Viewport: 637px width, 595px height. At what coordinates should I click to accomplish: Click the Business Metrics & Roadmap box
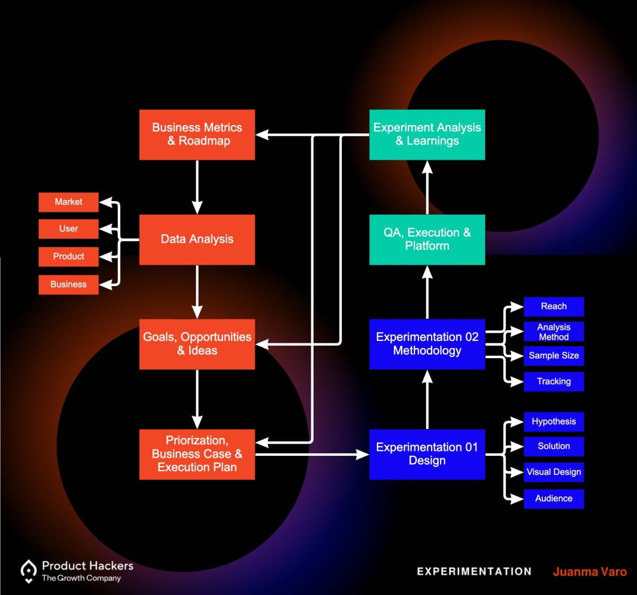[x=197, y=134]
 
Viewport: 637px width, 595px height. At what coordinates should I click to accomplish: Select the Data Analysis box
[x=197, y=239]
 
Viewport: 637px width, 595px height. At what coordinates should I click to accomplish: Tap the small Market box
[x=68, y=202]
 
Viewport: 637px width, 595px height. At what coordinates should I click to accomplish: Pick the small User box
[x=68, y=229]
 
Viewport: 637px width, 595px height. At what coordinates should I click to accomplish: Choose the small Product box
[x=68, y=256]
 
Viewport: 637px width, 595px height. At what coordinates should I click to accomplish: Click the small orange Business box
[x=68, y=284]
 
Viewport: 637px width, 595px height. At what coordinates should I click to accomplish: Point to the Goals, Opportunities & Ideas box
[x=197, y=344]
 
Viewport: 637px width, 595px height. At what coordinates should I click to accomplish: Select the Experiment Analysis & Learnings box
[x=427, y=134]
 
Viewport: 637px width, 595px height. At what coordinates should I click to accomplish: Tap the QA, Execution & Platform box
[x=427, y=239]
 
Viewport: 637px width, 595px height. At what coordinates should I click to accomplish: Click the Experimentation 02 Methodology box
[x=427, y=344]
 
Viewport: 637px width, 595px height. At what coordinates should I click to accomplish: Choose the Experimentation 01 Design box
[x=427, y=454]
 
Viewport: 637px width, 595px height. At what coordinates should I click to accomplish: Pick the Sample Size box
[x=554, y=356]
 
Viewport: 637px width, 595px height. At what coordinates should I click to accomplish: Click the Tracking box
[x=554, y=382]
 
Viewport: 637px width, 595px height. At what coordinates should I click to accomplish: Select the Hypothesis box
[x=554, y=422]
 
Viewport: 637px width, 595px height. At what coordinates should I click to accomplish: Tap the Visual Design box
[x=554, y=472]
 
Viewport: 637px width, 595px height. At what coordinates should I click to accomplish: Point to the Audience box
[x=554, y=499]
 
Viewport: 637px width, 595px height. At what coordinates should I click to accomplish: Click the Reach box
[x=554, y=306]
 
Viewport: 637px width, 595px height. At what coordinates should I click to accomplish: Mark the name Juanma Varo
[x=589, y=572]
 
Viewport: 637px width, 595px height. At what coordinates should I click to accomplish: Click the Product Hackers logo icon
[x=29, y=570]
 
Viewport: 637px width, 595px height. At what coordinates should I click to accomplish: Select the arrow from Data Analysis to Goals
[x=197, y=292]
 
